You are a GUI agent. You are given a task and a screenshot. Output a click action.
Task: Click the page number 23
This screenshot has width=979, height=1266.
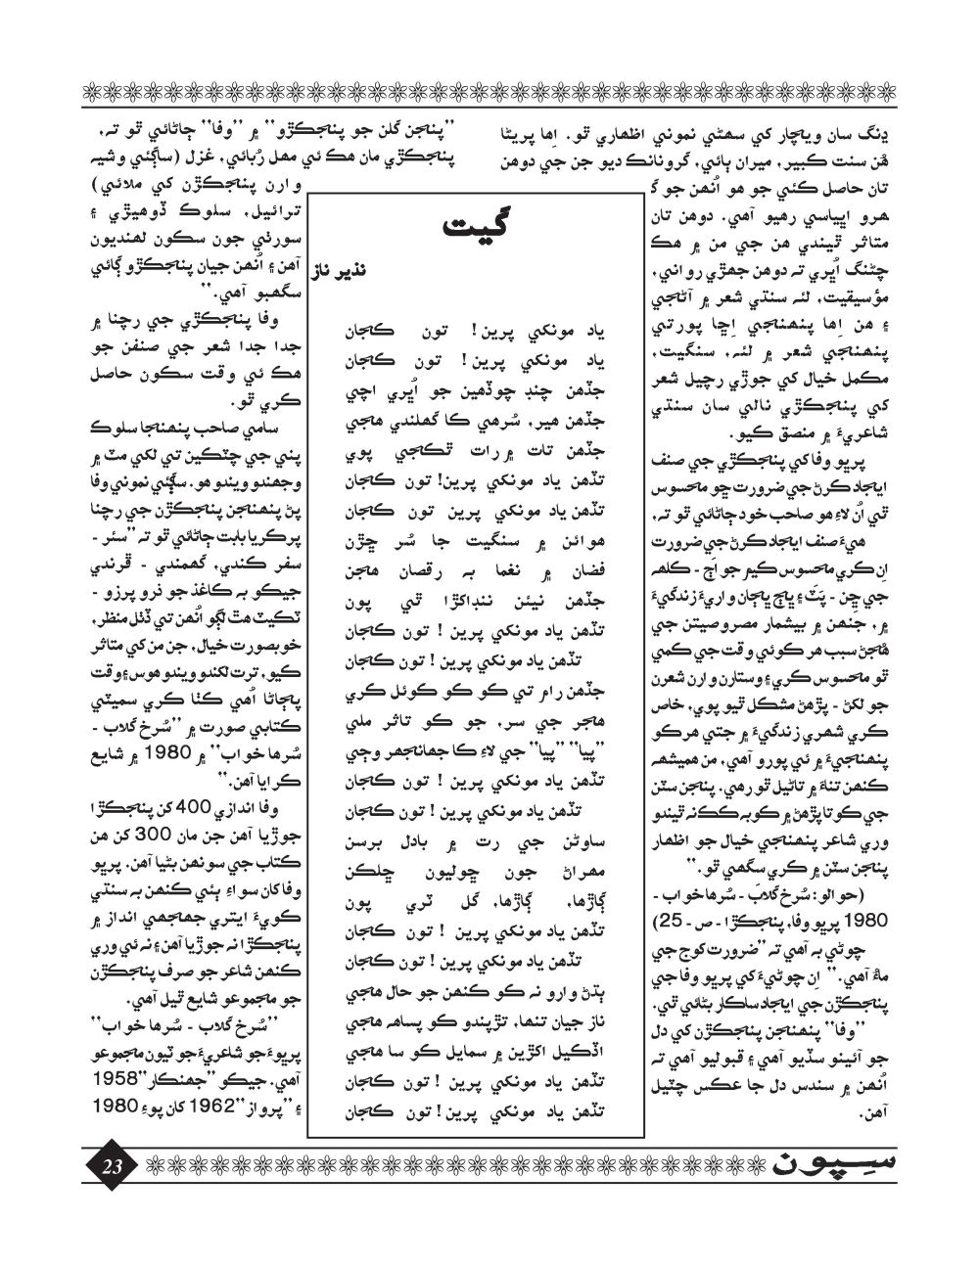point(111,1167)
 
